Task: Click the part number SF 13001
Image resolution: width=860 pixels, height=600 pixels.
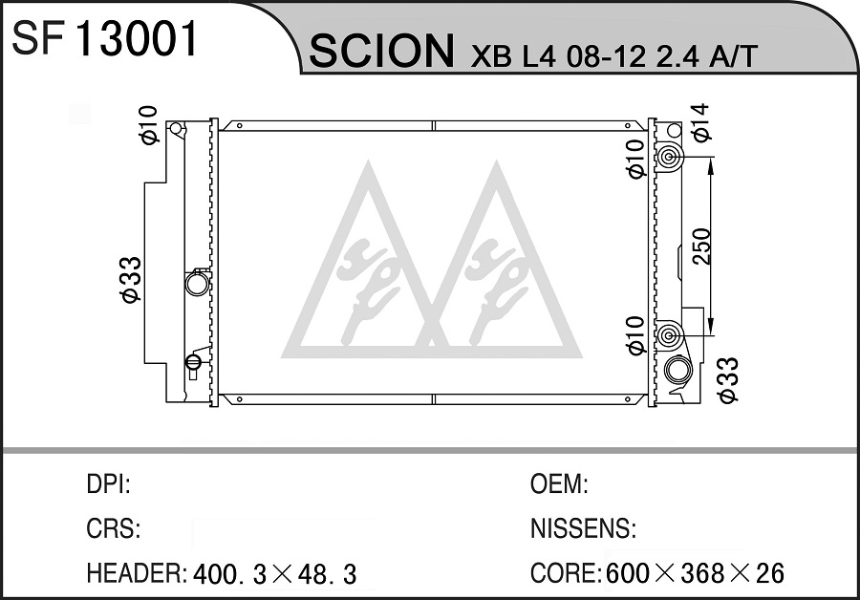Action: click(104, 39)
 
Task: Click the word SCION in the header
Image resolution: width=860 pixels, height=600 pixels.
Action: click(381, 51)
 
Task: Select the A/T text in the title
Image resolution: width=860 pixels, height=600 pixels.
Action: click(733, 55)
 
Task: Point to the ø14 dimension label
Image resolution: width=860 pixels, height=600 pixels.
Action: click(700, 123)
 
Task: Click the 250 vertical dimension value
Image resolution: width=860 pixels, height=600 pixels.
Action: click(701, 246)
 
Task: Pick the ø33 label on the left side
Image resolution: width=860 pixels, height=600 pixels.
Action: click(131, 279)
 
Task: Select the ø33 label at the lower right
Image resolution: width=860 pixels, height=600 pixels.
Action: click(729, 380)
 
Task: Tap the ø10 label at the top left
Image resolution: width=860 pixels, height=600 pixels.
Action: click(149, 124)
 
